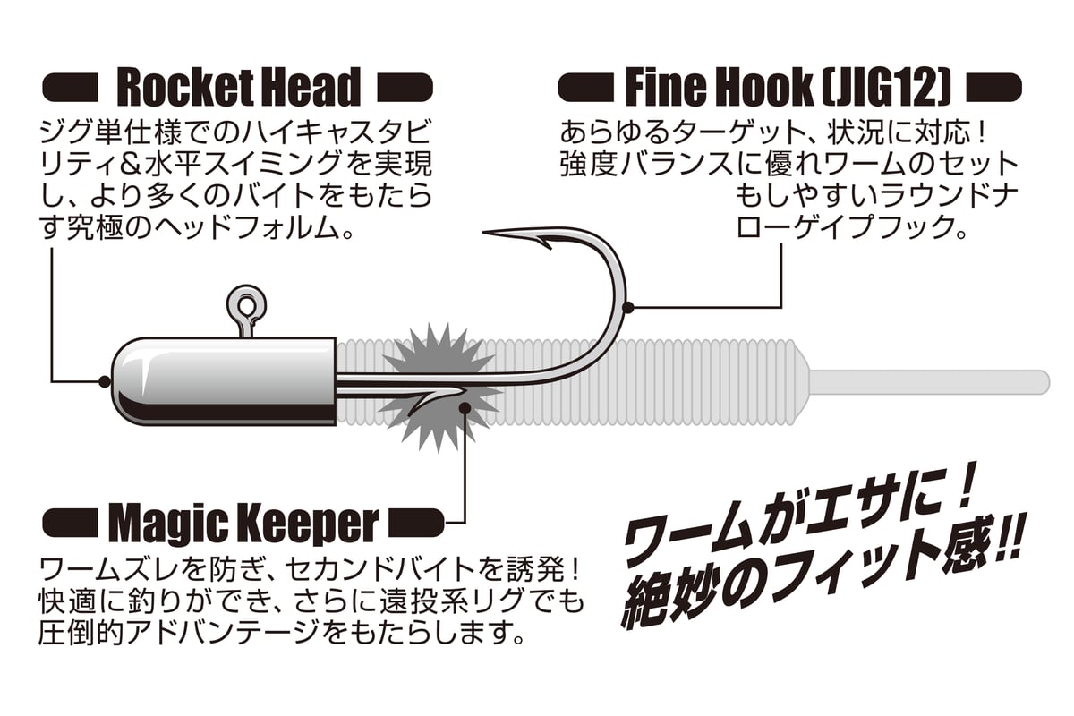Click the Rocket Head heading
point(239,88)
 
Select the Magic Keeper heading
point(243,522)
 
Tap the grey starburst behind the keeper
point(439,385)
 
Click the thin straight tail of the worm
point(931,379)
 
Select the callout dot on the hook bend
point(628,307)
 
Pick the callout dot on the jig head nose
point(105,381)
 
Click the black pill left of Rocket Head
point(70,89)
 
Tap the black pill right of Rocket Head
point(406,89)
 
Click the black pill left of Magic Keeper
point(70,520)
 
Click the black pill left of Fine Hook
point(585,89)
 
